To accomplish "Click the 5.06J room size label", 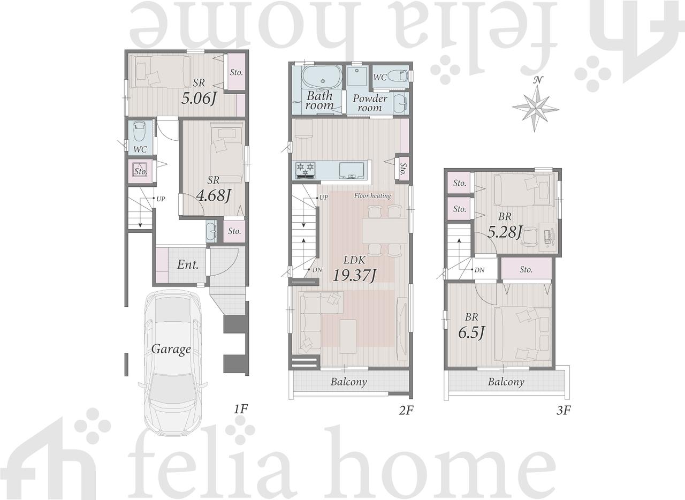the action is (x=199, y=99).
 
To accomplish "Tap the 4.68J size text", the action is (x=214, y=195).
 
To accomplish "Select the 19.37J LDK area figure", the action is (x=354, y=275).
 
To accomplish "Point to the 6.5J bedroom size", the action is (x=471, y=332).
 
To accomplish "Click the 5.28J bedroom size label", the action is (x=505, y=232).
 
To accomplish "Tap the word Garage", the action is (x=171, y=349).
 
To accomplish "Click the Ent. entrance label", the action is (x=188, y=264).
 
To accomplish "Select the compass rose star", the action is (x=536, y=108).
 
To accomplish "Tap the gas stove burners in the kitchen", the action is (x=306, y=170).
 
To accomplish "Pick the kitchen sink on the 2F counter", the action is (x=352, y=170).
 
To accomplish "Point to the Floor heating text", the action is (x=372, y=195).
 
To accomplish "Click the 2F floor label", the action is (x=406, y=411).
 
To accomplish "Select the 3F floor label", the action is (x=564, y=411).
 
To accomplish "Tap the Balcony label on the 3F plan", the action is (x=506, y=382).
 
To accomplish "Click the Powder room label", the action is (x=370, y=103).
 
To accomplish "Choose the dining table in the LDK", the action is (x=384, y=231).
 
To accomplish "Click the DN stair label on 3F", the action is (x=479, y=270).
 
